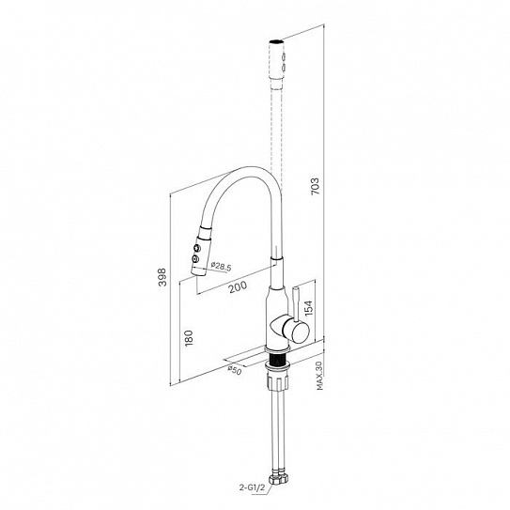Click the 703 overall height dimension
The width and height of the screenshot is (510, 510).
click(316, 186)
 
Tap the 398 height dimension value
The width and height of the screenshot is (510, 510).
click(162, 277)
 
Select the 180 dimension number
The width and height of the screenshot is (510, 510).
click(189, 338)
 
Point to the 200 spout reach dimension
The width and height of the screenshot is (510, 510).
click(238, 286)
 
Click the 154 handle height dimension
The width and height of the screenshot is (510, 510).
click(308, 308)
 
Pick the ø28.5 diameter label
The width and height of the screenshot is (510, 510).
click(221, 266)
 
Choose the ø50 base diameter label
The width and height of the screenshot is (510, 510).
click(235, 370)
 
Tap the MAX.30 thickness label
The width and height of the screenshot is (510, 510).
click(319, 376)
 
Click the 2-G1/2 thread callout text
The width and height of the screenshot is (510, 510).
click(253, 487)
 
